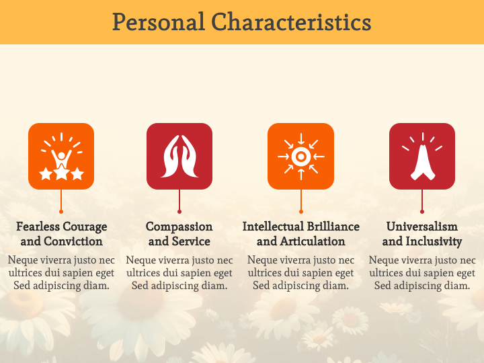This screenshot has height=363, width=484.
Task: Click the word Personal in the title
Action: [159, 22]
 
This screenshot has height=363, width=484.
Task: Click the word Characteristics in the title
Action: [291, 22]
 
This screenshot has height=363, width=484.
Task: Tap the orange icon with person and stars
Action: [61, 156]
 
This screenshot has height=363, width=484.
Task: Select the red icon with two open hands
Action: [179, 156]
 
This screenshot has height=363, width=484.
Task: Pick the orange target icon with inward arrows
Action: [300, 156]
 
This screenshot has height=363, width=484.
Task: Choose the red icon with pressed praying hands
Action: [422, 156]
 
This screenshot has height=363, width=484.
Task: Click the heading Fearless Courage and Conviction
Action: [61, 234]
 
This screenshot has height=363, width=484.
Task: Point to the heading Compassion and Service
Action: [179, 234]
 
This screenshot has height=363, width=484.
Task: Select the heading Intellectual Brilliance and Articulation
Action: [301, 234]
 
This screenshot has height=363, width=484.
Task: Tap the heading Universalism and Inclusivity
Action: [422, 234]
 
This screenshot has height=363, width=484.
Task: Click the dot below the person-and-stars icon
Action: [61, 212]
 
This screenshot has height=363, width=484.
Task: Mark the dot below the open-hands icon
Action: [179, 212]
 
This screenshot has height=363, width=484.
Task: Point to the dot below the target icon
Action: [301, 212]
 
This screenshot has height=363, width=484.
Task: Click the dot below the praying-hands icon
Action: [422, 212]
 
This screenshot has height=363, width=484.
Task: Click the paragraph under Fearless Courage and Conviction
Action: [61, 272]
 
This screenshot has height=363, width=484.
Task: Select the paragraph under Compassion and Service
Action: [179, 272]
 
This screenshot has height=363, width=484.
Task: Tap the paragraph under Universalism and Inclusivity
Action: [422, 272]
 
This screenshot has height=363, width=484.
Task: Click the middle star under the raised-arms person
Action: [61, 173]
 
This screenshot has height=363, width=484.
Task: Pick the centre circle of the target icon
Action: [300, 157]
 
